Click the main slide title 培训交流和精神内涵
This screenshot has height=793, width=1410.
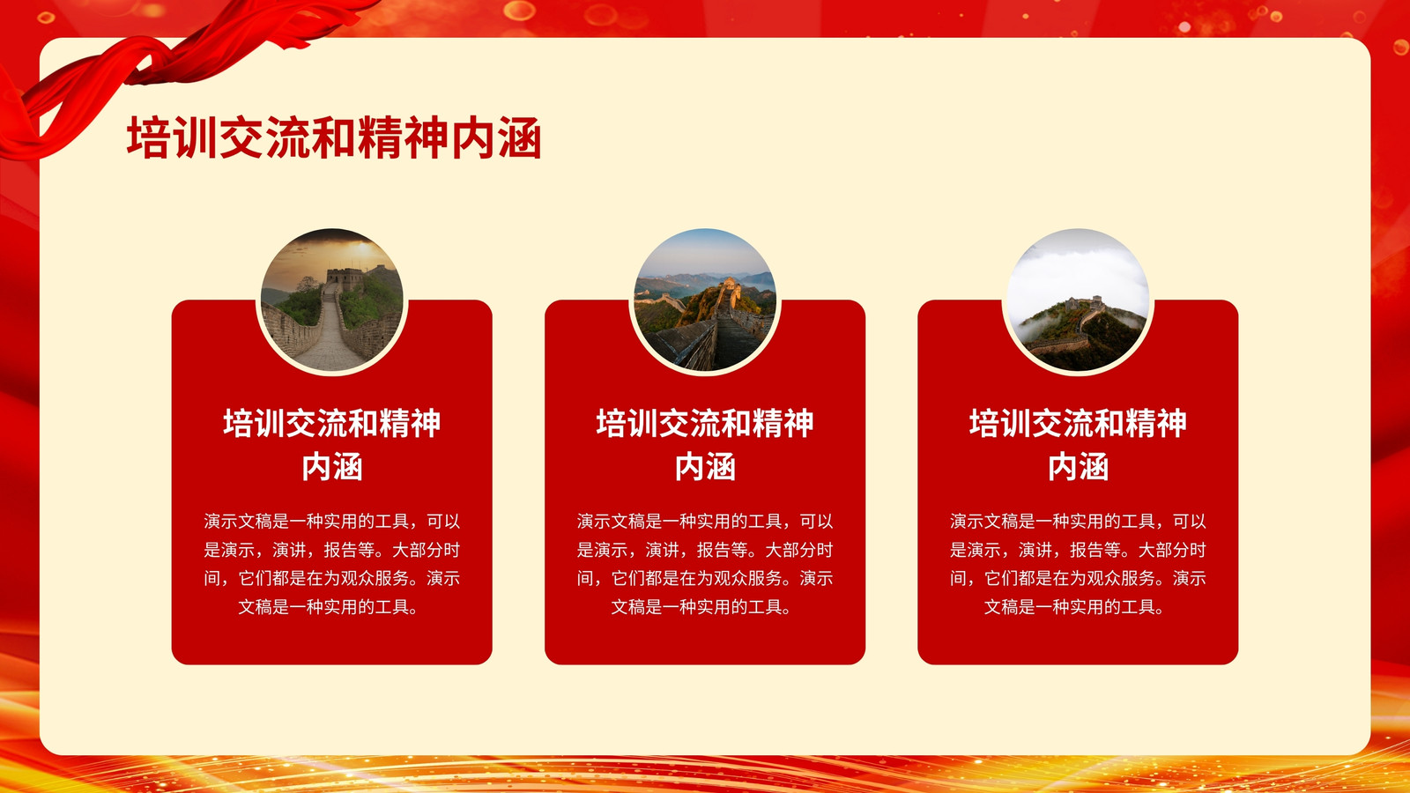(334, 137)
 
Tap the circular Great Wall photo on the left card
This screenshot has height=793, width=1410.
(331, 300)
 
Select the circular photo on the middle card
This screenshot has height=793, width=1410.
(705, 300)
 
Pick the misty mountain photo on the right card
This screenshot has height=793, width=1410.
(1078, 300)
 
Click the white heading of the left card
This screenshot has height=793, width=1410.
(331, 444)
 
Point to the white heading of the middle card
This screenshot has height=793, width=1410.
(705, 444)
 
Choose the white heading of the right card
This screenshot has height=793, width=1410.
(1078, 444)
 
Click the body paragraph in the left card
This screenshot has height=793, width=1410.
(331, 564)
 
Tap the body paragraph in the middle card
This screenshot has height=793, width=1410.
(705, 564)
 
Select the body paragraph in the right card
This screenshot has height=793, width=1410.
(1078, 564)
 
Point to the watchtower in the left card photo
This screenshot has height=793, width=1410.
(345, 278)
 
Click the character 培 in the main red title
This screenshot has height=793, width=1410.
(147, 137)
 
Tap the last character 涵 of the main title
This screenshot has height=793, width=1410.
(520, 137)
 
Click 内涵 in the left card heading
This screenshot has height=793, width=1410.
(331, 467)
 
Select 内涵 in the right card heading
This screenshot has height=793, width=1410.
(1078, 467)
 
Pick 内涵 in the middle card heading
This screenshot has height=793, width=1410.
(705, 467)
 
